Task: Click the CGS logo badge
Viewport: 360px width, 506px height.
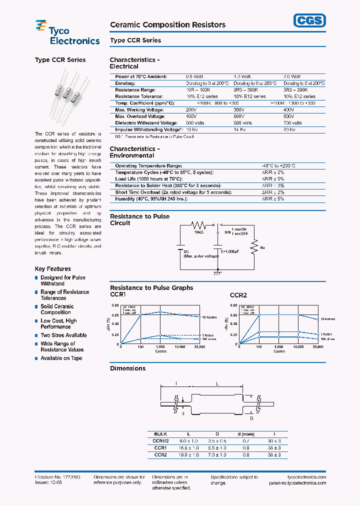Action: (308, 20)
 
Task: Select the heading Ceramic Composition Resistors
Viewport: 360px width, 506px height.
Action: (167, 24)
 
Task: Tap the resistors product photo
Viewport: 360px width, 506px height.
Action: (67, 94)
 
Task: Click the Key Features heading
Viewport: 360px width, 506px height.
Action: (52, 269)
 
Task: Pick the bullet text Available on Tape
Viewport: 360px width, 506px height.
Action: (61, 358)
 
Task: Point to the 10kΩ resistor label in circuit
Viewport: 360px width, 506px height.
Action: (198, 232)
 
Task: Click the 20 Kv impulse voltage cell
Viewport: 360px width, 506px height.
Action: (289, 129)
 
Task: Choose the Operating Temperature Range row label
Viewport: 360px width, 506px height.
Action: (148, 165)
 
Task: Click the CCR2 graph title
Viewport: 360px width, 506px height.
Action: (238, 295)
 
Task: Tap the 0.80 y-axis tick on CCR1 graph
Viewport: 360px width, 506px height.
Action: (115, 305)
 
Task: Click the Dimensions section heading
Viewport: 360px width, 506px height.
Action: (127, 368)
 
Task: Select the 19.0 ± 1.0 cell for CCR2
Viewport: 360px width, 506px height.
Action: (189, 455)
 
